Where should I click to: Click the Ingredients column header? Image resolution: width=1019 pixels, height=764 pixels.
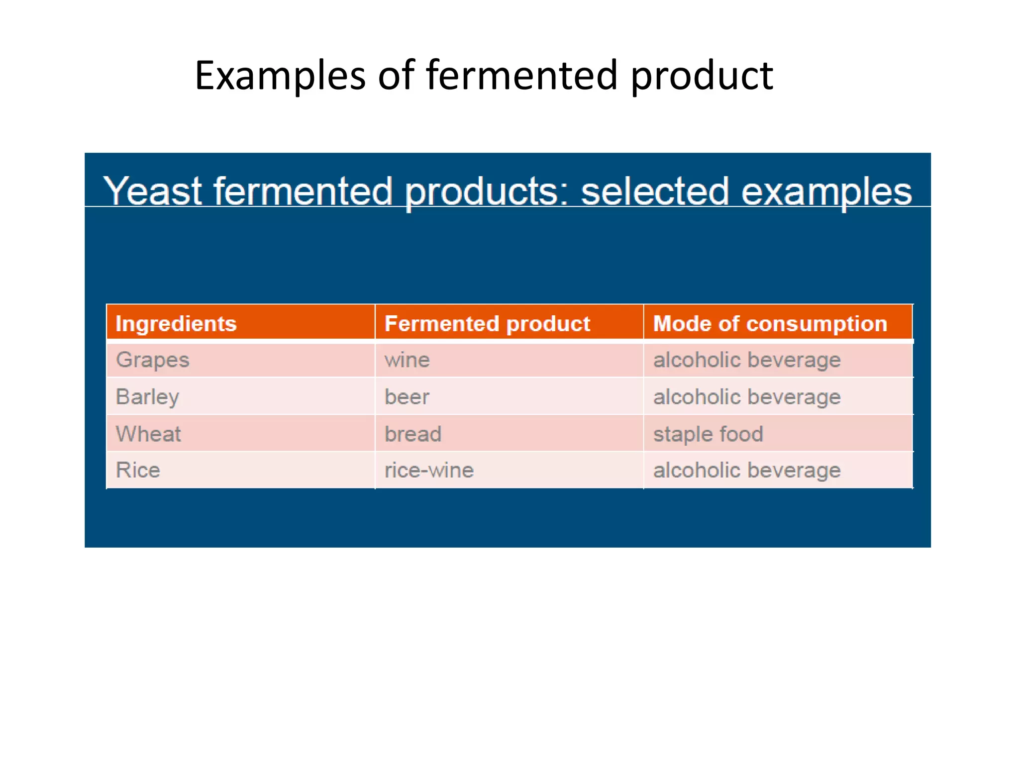(176, 324)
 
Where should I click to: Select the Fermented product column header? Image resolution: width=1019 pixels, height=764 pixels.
(487, 324)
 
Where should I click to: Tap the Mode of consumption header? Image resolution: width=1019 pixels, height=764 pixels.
(770, 324)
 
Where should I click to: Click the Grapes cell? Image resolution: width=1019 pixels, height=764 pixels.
(152, 360)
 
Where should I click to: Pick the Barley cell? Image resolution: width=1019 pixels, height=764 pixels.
(147, 397)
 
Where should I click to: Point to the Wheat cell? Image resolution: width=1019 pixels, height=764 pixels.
(148, 434)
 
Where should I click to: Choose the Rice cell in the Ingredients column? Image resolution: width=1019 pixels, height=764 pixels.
(138, 470)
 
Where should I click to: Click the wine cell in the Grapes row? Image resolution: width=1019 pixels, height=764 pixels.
(407, 360)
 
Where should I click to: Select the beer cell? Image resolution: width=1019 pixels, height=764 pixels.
(407, 397)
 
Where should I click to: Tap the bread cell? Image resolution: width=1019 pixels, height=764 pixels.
(413, 434)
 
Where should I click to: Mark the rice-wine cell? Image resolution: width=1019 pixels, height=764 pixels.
(429, 470)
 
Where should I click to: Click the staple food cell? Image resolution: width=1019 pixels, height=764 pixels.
(708, 434)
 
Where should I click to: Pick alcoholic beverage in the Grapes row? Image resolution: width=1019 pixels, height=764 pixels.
(747, 360)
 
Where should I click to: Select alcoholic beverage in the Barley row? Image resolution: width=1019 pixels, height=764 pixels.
(747, 397)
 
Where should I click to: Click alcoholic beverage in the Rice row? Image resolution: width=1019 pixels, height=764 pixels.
(747, 470)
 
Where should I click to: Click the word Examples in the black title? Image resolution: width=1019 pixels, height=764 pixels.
(280, 76)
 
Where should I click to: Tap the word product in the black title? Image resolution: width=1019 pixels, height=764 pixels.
(702, 76)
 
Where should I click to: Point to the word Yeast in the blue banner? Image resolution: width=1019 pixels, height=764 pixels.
(153, 191)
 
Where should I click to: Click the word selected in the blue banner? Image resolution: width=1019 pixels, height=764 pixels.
(655, 191)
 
